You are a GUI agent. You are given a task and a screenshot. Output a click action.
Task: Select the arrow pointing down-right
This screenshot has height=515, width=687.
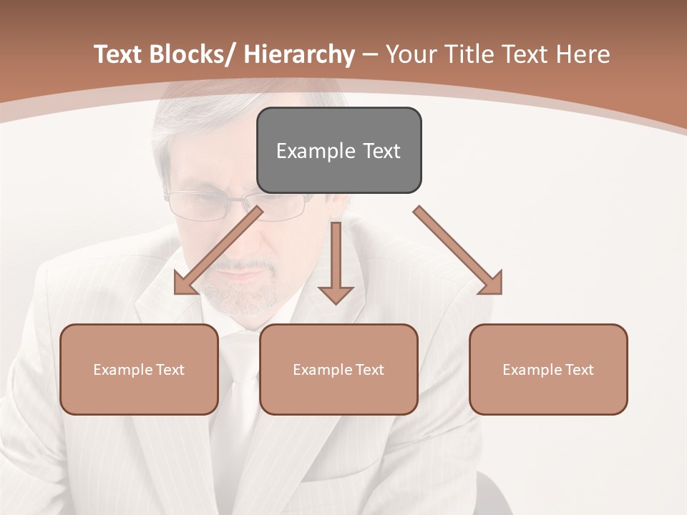458,250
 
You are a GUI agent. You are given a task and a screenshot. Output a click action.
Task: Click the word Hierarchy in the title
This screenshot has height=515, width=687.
299,54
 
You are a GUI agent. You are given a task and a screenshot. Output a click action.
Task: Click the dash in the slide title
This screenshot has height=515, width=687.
370,54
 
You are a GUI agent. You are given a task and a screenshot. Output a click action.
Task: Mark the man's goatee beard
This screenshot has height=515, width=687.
240,293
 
